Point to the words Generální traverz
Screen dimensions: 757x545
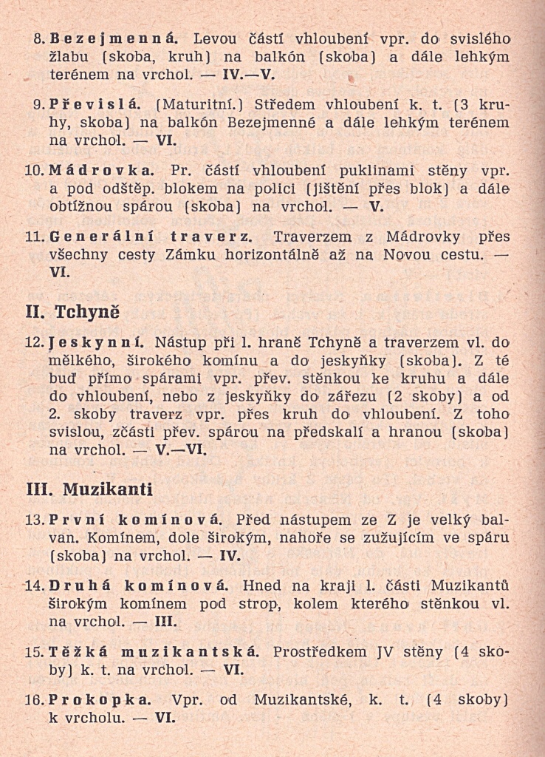pyautogui.click(x=152, y=237)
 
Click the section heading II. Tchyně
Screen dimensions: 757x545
pyautogui.click(x=73, y=311)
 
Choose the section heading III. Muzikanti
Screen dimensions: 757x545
pyautogui.click(x=89, y=489)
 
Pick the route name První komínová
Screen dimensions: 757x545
pyautogui.click(x=132, y=520)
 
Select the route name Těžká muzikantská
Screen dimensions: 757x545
pyautogui.click(x=154, y=652)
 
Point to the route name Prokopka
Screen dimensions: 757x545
pyautogui.click(x=100, y=698)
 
